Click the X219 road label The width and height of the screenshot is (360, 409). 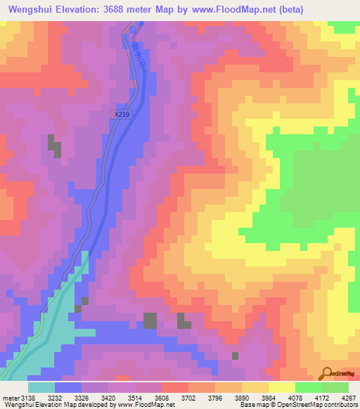click(x=122, y=113)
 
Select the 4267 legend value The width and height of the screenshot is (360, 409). click(x=348, y=398)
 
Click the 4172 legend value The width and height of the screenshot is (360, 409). click(x=320, y=398)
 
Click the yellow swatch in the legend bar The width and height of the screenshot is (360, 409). click(x=281, y=387)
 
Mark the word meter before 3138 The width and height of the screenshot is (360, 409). click(x=12, y=398)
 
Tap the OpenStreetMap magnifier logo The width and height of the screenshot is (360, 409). click(x=327, y=372)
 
